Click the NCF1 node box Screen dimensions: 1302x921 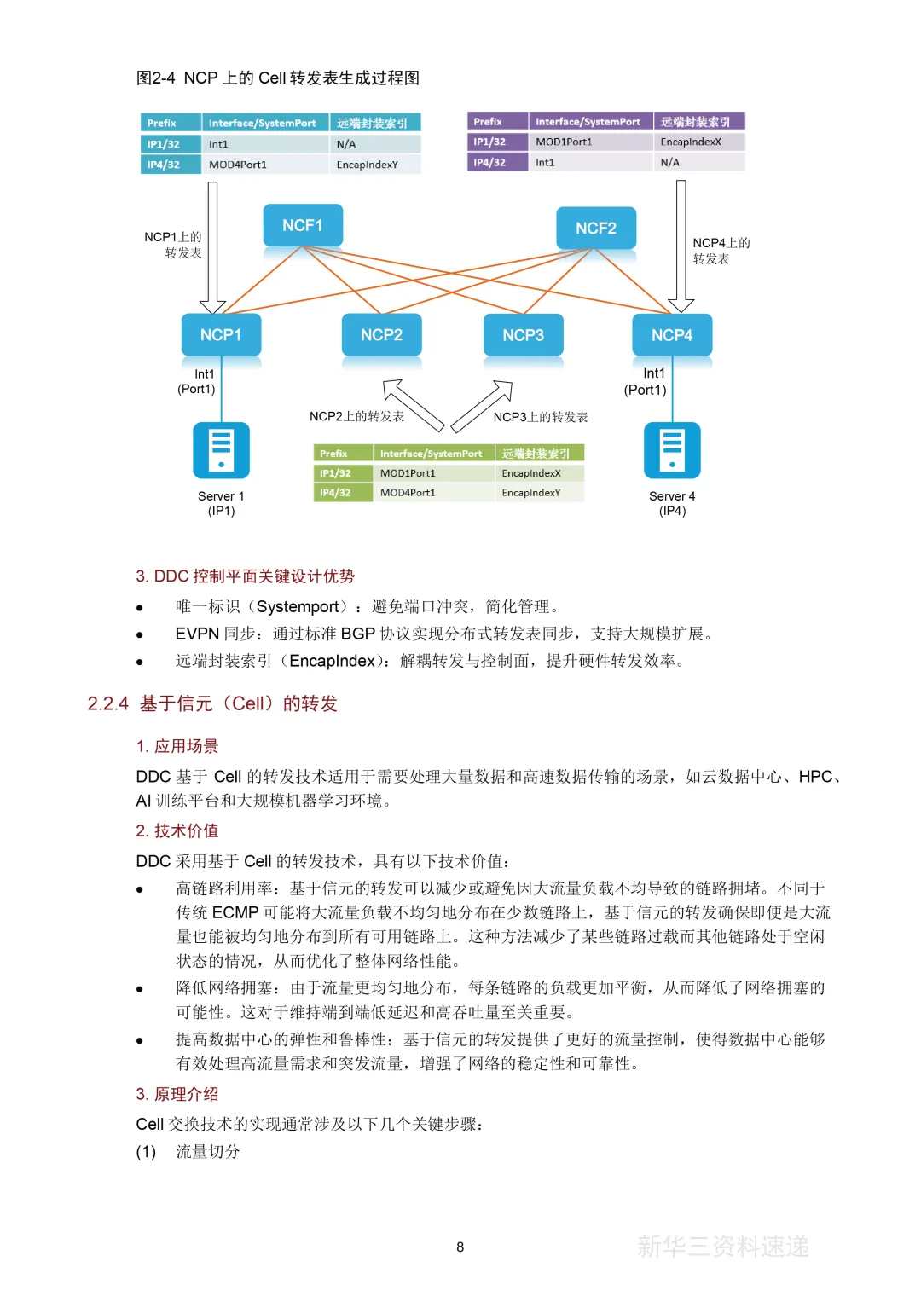303,225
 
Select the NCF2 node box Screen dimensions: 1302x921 595,228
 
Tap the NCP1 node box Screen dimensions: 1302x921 221,335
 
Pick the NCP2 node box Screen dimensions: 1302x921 381,335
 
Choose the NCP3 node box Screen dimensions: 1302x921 523,335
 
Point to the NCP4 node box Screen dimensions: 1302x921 672,335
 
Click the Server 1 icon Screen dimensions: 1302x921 221,450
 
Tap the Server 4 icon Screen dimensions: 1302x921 672,450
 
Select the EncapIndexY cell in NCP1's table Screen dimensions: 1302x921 368,165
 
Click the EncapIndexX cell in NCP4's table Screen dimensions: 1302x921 691,142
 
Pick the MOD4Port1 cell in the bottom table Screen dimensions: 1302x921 408,493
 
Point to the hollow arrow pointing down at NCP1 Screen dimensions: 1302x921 212,247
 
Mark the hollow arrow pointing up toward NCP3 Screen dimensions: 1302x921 483,406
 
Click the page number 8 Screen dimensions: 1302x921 460,1247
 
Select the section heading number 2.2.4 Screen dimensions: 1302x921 108,703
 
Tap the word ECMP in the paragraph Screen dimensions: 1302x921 235,912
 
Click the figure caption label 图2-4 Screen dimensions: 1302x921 156,78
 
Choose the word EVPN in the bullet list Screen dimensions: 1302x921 197,634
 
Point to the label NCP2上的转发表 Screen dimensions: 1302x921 356,416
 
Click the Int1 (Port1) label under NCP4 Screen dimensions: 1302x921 646,381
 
